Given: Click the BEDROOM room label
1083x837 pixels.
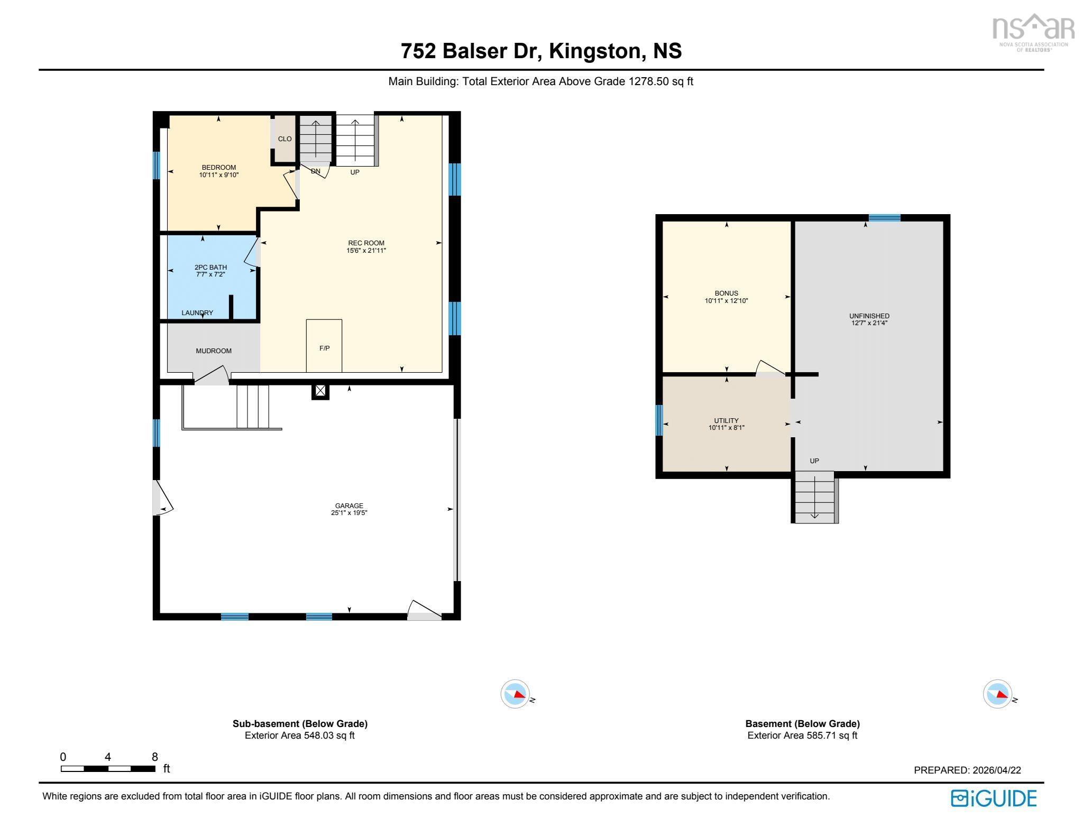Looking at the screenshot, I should coord(218,167).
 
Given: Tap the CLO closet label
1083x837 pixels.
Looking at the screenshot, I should coord(284,139).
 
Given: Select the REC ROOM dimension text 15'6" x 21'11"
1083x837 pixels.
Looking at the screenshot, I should coord(366,251).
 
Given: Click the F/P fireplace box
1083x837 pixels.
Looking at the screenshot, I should coord(324,346).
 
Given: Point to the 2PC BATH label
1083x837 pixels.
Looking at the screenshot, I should coord(210,267).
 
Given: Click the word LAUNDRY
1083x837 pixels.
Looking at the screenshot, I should coord(197,313).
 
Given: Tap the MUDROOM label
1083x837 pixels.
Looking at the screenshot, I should coord(214,351).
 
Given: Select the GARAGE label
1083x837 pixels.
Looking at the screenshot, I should coord(349,505).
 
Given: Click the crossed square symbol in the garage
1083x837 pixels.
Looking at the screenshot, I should coord(320,391).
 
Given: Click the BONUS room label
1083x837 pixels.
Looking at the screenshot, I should coord(726,293).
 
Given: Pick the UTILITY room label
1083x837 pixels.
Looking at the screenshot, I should coord(726,420).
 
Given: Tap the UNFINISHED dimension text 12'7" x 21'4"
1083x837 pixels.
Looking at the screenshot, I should coord(869,323).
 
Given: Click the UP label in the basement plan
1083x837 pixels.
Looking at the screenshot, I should coord(814,461).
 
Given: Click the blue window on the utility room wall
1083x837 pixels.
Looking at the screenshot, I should coord(659,420).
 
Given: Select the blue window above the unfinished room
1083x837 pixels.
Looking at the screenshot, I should coord(884,218).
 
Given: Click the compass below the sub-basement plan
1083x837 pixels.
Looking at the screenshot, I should coord(515,694).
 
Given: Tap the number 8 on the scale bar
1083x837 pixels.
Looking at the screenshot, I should coord(154,757).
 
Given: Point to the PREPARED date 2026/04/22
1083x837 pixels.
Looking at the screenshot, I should coord(996,770).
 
